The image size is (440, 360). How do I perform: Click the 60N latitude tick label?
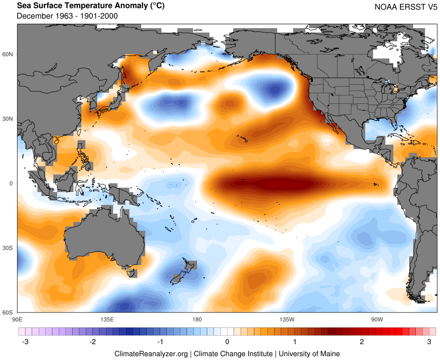pos(9,54)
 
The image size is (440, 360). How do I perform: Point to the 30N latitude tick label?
pos(9,119)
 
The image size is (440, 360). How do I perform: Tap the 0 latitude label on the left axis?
pos(12,183)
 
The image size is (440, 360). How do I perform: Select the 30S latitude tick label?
pos(9,248)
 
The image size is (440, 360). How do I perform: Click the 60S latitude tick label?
pos(9,313)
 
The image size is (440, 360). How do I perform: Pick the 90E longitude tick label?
pos(18,318)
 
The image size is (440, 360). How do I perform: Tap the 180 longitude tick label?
pos(197,318)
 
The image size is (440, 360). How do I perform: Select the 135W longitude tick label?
pos(286,318)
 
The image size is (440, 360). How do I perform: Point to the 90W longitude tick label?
pos(377,318)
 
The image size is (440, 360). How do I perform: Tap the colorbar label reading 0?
pos(227,342)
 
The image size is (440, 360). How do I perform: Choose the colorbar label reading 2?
pos(362,342)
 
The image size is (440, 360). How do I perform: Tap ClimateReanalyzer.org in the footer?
pos(151,353)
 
